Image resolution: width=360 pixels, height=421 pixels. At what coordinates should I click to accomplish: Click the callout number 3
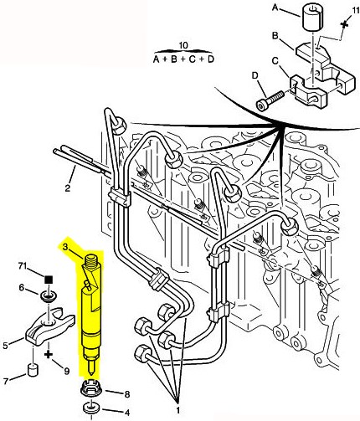click(x=65, y=247)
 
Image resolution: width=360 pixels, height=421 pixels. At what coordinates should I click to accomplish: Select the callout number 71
click(x=23, y=265)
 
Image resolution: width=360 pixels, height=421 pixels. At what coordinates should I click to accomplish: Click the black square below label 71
click(x=49, y=279)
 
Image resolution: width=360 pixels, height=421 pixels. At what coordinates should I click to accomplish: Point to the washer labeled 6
click(x=49, y=295)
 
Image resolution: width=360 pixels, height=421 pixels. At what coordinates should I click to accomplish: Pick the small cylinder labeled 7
click(x=33, y=370)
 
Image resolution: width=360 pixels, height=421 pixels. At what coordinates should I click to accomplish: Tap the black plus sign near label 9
click(x=49, y=355)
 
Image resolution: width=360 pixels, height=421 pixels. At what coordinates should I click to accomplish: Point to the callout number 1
click(x=177, y=410)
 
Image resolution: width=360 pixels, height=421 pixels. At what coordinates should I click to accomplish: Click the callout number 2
click(x=68, y=188)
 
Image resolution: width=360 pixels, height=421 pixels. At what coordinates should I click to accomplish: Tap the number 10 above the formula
click(x=183, y=45)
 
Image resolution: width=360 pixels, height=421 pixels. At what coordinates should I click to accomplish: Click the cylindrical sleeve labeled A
click(x=312, y=18)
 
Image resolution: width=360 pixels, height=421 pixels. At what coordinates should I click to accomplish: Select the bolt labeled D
click(x=270, y=100)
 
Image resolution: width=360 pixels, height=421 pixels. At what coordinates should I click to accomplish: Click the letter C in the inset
click(x=275, y=60)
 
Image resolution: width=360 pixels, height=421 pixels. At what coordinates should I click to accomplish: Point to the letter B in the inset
click(x=275, y=36)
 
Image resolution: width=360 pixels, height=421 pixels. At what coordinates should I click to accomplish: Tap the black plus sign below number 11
click(x=345, y=23)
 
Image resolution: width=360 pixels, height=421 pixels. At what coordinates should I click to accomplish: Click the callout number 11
click(x=355, y=11)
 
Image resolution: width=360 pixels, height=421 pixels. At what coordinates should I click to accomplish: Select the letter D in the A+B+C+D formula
click(x=210, y=59)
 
